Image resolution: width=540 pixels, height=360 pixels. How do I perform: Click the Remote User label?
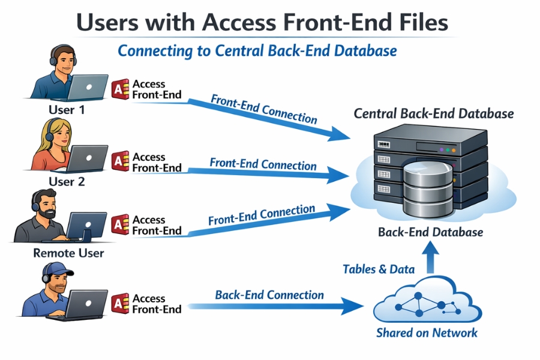[x=68, y=253]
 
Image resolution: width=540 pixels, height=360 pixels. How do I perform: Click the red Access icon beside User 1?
[x=121, y=89]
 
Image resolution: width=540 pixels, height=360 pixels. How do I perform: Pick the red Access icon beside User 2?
[x=121, y=161]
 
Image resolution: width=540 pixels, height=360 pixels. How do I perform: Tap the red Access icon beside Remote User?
[x=121, y=224]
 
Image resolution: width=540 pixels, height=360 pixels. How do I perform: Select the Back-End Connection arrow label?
[x=269, y=295]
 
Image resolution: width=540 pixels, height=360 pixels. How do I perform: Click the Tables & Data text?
[x=378, y=269]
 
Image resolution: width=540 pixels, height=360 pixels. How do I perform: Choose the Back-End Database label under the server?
[x=430, y=232]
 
